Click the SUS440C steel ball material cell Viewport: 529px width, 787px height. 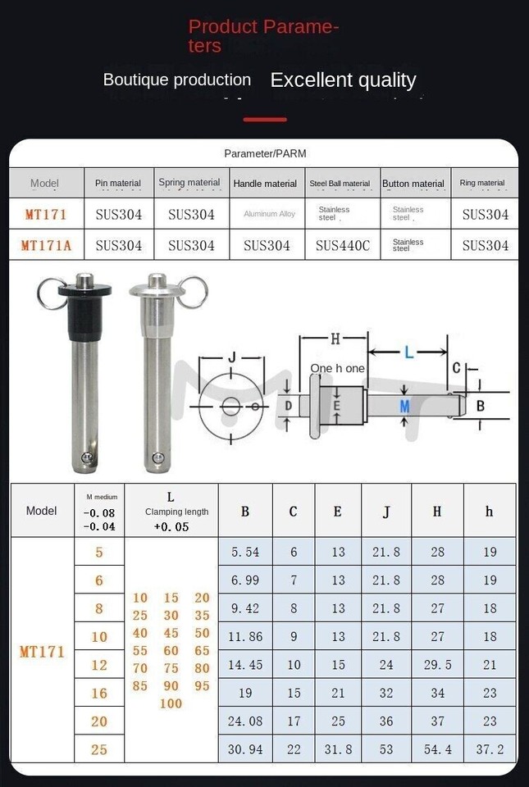(343, 245)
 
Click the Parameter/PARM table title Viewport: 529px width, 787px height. (265, 153)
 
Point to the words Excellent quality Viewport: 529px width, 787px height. (343, 80)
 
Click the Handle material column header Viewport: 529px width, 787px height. (265, 184)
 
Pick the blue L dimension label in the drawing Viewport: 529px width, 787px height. (408, 353)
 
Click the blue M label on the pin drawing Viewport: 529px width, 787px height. (404, 407)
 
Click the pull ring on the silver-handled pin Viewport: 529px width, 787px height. (195, 292)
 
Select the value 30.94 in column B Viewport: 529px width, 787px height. (245, 749)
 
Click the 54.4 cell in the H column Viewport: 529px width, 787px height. (437, 749)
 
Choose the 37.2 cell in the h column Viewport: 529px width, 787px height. (490, 749)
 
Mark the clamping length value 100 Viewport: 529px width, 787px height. (171, 703)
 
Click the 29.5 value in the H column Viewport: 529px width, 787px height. (437, 665)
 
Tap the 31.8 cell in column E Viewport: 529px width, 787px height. (338, 749)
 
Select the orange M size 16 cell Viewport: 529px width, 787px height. (99, 694)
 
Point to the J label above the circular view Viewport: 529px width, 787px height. (231, 357)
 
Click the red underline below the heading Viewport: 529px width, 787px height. (265, 120)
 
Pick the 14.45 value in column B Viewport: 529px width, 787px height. (245, 665)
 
